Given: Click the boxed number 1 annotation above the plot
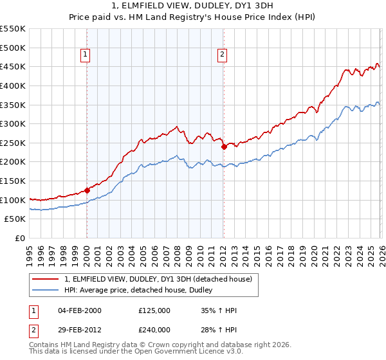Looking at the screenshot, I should click(86, 55).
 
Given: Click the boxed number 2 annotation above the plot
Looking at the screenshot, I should click(222, 55).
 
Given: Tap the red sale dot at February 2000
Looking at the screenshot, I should click(87, 191).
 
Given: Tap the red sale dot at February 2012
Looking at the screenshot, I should click(224, 147).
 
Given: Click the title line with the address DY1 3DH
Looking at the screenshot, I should click(193, 7).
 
